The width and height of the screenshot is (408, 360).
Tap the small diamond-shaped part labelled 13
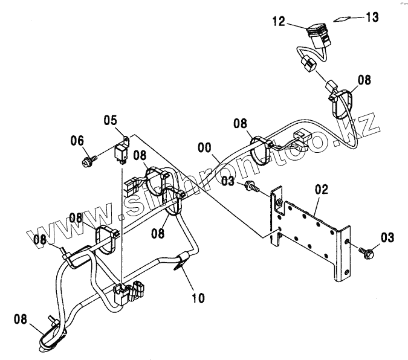[x=342, y=19]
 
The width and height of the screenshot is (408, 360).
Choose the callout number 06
[x=77, y=141]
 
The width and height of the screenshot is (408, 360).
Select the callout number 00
[x=206, y=147]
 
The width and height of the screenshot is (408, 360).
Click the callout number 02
[x=321, y=190]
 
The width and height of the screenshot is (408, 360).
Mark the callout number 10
[x=198, y=297]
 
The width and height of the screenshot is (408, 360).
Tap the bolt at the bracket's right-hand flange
[x=364, y=251]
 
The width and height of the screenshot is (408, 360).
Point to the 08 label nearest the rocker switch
[x=364, y=79]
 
